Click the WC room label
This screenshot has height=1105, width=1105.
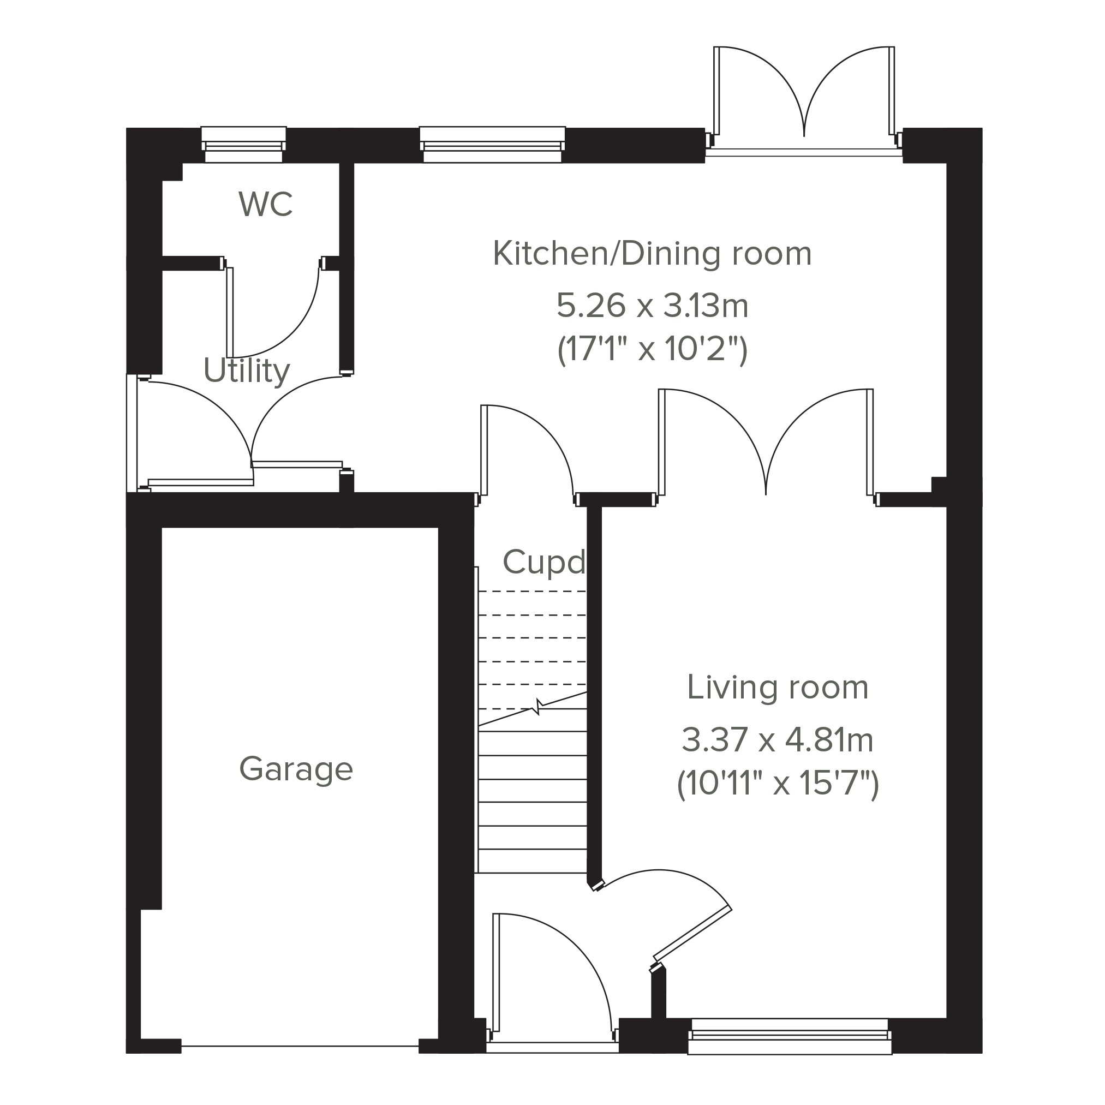(x=266, y=204)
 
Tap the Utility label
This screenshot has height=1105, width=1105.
(x=247, y=371)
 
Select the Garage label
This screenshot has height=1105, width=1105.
(x=296, y=769)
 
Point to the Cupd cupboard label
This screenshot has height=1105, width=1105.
(x=544, y=562)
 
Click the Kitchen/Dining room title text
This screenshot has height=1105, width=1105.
(x=652, y=253)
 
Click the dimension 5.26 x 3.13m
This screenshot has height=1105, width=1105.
(x=652, y=306)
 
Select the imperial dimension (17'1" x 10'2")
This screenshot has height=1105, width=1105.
(x=652, y=349)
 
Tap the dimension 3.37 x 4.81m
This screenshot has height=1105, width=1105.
(x=777, y=740)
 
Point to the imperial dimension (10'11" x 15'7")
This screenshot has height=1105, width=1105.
(x=777, y=783)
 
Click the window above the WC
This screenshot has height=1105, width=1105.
(x=244, y=144)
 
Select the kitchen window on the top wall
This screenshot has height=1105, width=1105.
(x=492, y=144)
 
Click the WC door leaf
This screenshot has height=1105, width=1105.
(x=230, y=312)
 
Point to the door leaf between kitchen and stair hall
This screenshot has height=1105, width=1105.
(x=484, y=450)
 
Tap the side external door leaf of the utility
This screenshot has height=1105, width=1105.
(x=201, y=483)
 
